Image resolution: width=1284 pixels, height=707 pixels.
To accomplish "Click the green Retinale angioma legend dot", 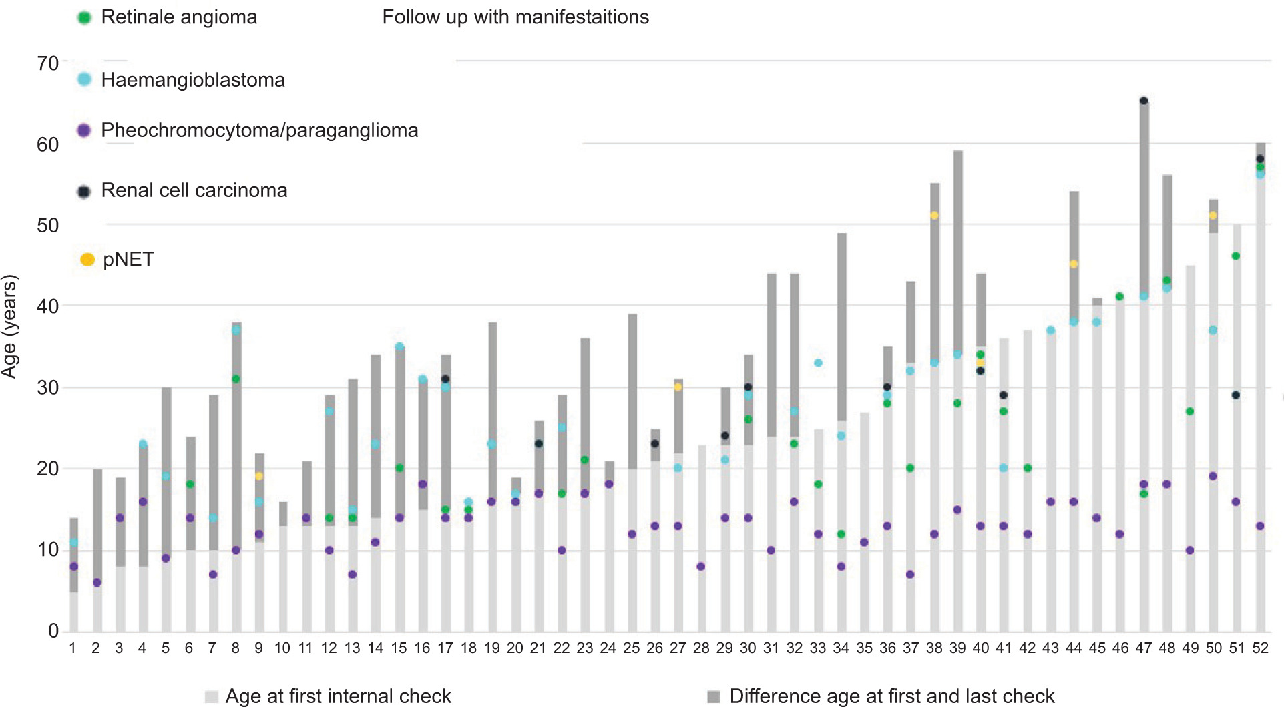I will point(84,18).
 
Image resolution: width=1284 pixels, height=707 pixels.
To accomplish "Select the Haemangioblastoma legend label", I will point(192,80).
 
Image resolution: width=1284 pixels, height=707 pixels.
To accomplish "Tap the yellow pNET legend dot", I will point(87,260).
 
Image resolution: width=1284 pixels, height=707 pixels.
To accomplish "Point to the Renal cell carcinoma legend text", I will point(194,191).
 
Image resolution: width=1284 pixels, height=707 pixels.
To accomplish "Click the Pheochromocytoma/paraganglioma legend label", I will point(259,130).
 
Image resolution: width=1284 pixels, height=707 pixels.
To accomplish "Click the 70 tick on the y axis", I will point(48,63).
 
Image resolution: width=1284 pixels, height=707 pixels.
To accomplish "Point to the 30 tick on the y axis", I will point(48,387).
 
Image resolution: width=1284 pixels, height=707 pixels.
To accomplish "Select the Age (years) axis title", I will point(9,326).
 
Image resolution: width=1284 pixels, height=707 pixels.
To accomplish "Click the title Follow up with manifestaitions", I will point(515,17).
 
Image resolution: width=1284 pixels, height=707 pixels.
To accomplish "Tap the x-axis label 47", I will point(1143,648).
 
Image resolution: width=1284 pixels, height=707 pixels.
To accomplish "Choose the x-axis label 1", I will point(73,648).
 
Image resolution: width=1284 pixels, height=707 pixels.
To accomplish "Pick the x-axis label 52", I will point(1260,648).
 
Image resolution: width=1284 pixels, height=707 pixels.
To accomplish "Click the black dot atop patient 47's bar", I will point(1144,101).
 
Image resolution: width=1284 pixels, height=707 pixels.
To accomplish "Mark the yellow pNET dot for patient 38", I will point(934,216).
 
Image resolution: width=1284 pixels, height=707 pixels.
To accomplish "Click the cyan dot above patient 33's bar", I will point(818,363).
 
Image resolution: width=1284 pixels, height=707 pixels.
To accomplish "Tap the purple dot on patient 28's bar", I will point(701,567).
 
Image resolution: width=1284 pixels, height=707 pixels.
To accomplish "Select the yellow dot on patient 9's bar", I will point(259,477).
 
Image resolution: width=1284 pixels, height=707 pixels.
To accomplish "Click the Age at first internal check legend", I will point(329,696).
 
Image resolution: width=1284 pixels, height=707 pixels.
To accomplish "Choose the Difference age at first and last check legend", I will point(881,696).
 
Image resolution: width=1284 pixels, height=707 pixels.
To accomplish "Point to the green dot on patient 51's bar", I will point(1236,256).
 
